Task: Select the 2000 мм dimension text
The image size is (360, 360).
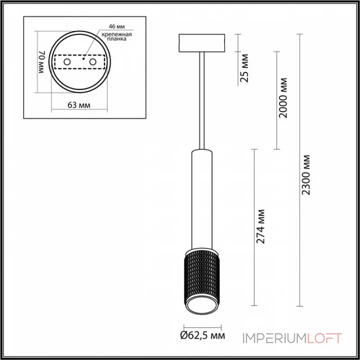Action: point(283,98)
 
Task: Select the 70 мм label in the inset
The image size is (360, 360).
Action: point(41,63)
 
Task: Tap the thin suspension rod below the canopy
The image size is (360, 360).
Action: point(202,99)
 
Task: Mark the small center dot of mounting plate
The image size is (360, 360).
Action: point(84,58)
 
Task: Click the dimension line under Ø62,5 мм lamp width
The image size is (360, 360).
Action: point(202,327)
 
